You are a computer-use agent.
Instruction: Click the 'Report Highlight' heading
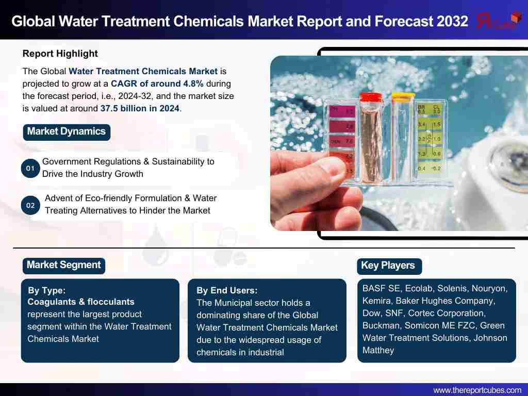pyautogui.click(x=60, y=54)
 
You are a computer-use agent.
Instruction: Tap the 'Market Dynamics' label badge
pyautogui.click(x=67, y=131)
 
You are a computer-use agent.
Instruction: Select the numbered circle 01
pyautogui.click(x=30, y=168)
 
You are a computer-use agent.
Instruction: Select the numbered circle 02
pyautogui.click(x=30, y=205)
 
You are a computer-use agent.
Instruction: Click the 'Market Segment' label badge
pyautogui.click(x=63, y=266)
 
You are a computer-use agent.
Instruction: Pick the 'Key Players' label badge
pyautogui.click(x=389, y=266)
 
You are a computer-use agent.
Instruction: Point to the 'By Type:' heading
pyautogui.click(x=47, y=290)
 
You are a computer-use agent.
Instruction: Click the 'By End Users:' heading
pyautogui.click(x=227, y=290)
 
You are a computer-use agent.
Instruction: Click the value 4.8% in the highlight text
pyautogui.click(x=193, y=84)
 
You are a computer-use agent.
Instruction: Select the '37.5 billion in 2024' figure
pyautogui.click(x=140, y=108)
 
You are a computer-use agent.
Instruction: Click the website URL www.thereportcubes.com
pyautogui.click(x=477, y=390)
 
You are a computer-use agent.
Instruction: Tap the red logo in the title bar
pyautogui.click(x=498, y=21)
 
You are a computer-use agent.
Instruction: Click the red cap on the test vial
pyautogui.click(x=370, y=97)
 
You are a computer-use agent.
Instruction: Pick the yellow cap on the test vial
pyautogui.click(x=402, y=96)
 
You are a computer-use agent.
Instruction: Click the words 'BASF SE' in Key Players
pyautogui.click(x=381, y=289)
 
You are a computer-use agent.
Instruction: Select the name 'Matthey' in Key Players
pyautogui.click(x=378, y=351)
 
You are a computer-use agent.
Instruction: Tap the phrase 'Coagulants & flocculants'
pyautogui.click(x=81, y=302)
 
